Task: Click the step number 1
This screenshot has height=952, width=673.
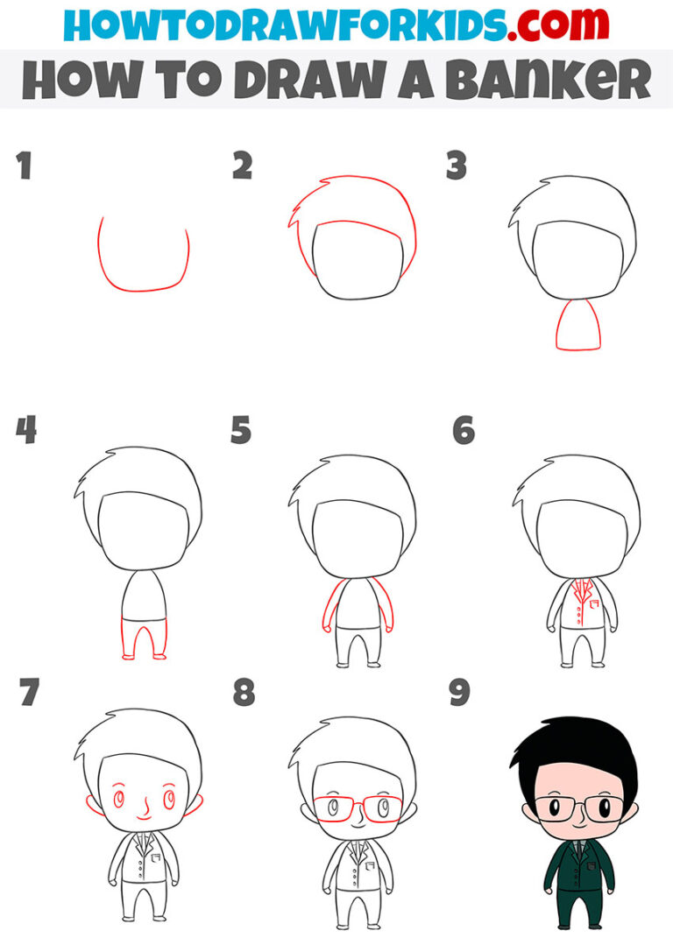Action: (24, 166)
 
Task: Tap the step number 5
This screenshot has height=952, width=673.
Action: (241, 431)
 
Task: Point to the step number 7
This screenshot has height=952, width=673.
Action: (29, 694)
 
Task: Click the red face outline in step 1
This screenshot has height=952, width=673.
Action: (143, 287)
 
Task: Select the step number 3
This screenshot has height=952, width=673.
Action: (457, 166)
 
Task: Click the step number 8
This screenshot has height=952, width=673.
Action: (244, 694)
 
